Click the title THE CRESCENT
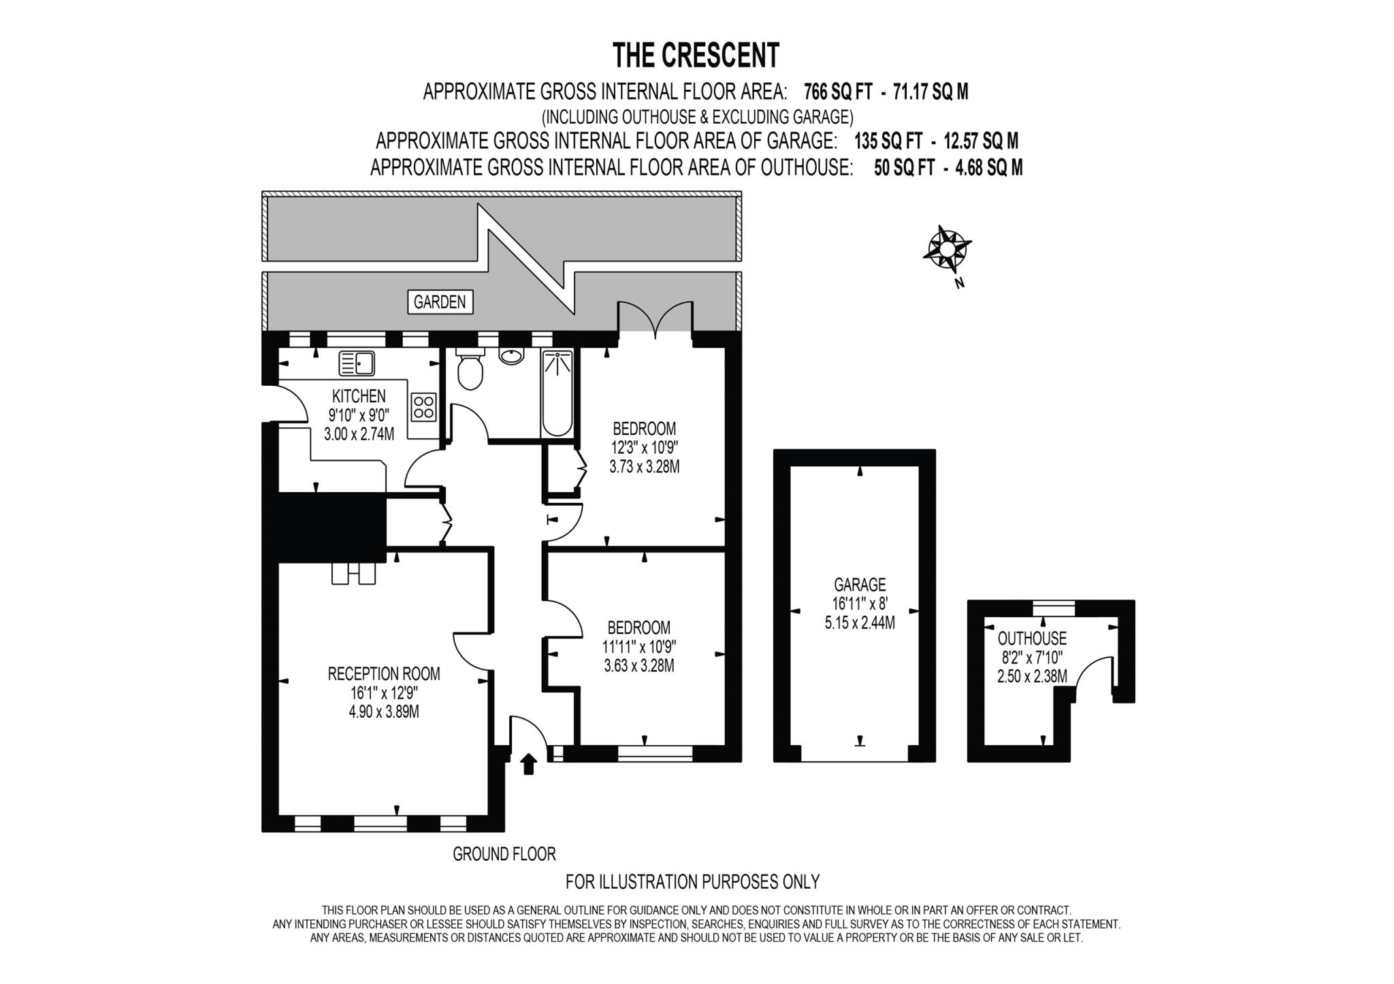coord(696,56)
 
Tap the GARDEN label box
coord(440,301)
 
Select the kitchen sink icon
coord(357,363)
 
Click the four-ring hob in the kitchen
coord(423,407)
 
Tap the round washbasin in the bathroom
coord(511,356)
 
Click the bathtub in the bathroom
coord(557,393)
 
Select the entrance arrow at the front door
coord(528,764)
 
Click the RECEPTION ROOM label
coord(384,674)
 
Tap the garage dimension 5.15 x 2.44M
coord(860,623)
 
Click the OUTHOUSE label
coord(1032,638)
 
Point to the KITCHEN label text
coord(359,396)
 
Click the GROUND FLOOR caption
coord(504,853)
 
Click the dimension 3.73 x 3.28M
coord(644,467)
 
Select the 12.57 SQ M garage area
coord(981,142)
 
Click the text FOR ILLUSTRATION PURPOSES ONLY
coord(692,882)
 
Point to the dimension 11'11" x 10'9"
coord(639,646)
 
